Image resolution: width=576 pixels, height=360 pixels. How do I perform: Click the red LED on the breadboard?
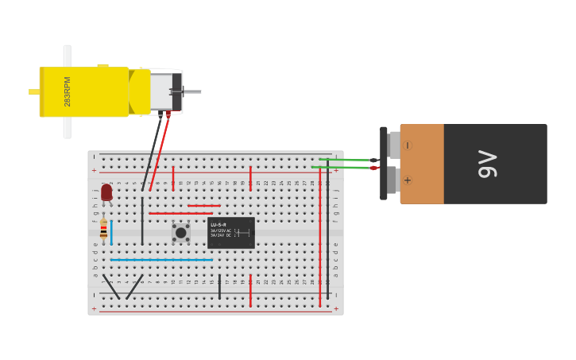(x=106, y=192)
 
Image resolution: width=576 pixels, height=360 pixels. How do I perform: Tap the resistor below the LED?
(x=103, y=230)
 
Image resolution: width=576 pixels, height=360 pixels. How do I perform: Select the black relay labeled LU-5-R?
(x=230, y=232)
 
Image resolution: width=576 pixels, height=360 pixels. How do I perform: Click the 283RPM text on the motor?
(x=68, y=91)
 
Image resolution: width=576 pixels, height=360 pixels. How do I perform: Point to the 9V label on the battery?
(x=487, y=164)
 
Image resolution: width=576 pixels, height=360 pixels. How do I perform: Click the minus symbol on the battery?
(x=408, y=145)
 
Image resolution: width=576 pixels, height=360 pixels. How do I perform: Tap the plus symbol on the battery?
(x=408, y=180)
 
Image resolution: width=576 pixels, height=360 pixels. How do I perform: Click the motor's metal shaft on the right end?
(x=192, y=92)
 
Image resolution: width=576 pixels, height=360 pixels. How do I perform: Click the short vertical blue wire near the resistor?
(x=111, y=233)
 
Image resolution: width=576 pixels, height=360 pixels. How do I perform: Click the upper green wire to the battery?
(x=346, y=160)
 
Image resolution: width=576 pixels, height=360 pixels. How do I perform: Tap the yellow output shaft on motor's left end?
(x=34, y=92)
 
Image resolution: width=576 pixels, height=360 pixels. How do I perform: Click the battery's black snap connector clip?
(x=384, y=163)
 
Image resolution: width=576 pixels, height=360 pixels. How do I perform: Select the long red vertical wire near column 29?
(x=320, y=238)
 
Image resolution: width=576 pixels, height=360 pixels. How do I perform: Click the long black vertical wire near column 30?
(x=327, y=238)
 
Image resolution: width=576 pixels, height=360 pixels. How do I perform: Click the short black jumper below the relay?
(x=219, y=286)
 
